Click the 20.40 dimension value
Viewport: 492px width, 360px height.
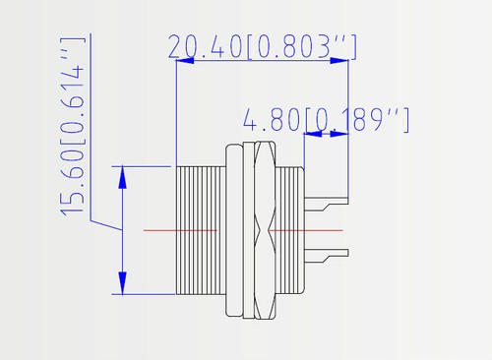click(206, 46)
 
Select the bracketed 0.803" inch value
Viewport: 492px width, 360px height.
click(301, 47)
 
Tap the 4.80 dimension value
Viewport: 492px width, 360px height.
click(272, 120)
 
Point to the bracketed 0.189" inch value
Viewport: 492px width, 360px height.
click(357, 120)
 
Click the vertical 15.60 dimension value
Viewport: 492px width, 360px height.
click(73, 183)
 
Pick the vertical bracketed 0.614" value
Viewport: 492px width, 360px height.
click(73, 91)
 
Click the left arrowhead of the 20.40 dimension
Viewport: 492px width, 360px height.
click(185, 61)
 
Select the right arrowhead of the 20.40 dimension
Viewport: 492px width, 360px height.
click(339, 61)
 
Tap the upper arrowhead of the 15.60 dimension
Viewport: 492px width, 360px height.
click(122, 177)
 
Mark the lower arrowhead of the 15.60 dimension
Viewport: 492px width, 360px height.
click(122, 283)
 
